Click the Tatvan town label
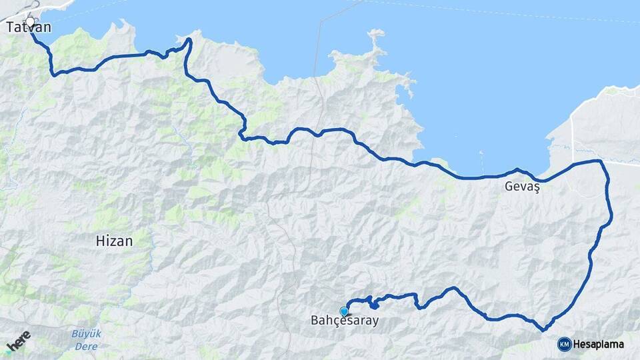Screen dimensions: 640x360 (x=29, y=28)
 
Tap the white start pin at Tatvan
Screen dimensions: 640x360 (x=30, y=22)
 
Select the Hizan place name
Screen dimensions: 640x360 (x=114, y=241)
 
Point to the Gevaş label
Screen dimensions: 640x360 (x=521, y=188)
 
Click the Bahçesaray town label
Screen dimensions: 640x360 (x=345, y=321)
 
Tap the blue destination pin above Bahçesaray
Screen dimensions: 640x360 (x=344, y=311)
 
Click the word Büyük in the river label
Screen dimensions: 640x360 (x=86, y=334)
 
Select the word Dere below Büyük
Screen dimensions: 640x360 (x=86, y=347)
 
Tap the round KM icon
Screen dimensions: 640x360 (x=564, y=344)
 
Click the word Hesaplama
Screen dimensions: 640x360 (x=598, y=344)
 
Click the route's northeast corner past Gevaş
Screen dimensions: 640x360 (x=601, y=161)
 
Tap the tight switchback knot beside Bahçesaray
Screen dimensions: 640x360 (x=373, y=305)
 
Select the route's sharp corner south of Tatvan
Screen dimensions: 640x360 (x=53, y=73)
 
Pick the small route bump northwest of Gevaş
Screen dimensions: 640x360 (x=517, y=170)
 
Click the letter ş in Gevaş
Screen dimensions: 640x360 (x=535, y=189)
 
